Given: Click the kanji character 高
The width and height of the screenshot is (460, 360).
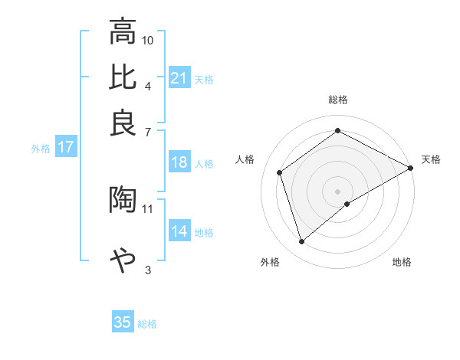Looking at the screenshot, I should tap(123, 32).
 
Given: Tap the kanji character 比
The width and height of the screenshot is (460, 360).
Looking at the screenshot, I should tap(123, 77).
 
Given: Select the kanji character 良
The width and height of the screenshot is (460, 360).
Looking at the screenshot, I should tap(123, 123).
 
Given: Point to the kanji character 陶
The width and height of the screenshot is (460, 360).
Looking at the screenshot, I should tap(123, 199).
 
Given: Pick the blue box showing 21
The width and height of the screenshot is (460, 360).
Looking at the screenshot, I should tap(179, 78).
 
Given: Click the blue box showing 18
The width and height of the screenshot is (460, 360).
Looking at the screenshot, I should tap(179, 162).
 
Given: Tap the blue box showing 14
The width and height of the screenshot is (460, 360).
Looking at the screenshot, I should tap(179, 232).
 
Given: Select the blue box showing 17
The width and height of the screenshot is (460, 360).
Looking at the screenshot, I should tap(66, 148).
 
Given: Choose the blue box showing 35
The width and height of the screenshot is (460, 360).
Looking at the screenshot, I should tap(123, 322).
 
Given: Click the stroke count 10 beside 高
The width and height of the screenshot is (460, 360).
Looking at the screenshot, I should tap(148, 39).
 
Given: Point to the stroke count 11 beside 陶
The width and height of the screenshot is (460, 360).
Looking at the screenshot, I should tap(148, 208).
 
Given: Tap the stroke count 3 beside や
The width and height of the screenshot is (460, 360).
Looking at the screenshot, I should tap(148, 269).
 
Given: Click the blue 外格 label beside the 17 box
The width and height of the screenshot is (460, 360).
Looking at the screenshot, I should tap(40, 149).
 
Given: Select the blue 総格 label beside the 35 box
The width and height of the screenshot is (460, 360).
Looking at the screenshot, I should tap(147, 323).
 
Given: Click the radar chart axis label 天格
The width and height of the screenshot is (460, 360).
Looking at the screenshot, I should tap(431, 159).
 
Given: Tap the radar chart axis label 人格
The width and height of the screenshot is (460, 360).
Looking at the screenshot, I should tap(245, 159).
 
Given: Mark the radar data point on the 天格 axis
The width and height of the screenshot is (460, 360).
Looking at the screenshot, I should tap(412, 167).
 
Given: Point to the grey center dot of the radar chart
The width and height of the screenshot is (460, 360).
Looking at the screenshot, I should tap(337, 190).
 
